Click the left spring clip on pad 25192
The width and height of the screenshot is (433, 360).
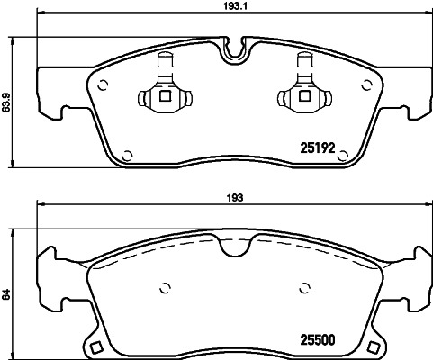(163, 92)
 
